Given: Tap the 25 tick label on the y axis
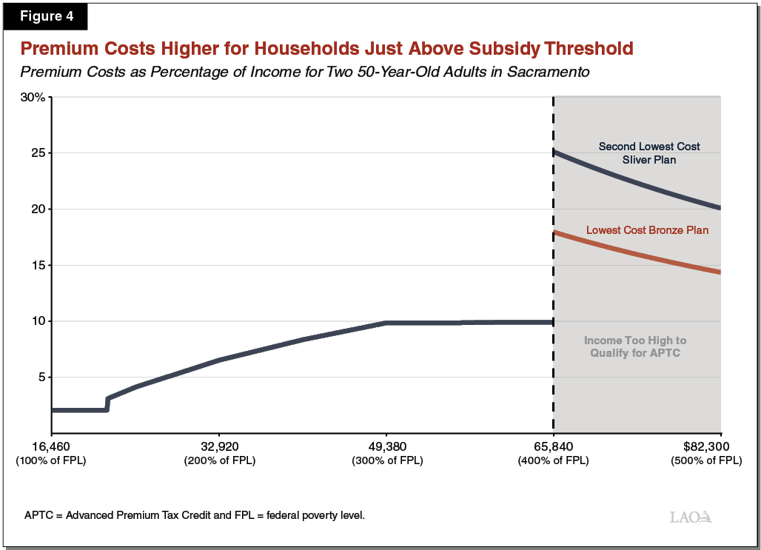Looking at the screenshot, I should [39, 153].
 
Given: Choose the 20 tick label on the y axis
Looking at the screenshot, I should [39, 209].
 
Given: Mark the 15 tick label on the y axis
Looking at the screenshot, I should [39, 265].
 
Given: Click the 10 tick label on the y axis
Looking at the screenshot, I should [39, 321].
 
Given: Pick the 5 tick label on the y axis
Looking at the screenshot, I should [43, 378].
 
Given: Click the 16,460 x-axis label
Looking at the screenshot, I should [51, 447].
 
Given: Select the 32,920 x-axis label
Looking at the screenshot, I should [219, 447].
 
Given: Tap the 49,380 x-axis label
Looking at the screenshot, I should [386, 447].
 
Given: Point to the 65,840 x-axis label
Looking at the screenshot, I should [554, 447].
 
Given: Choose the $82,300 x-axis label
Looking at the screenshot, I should [705, 447].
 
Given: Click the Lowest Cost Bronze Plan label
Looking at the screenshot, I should [647, 230].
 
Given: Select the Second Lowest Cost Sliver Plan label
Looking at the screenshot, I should [648, 152].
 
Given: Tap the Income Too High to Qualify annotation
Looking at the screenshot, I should [634, 346].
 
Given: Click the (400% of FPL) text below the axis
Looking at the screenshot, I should [554, 460].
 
